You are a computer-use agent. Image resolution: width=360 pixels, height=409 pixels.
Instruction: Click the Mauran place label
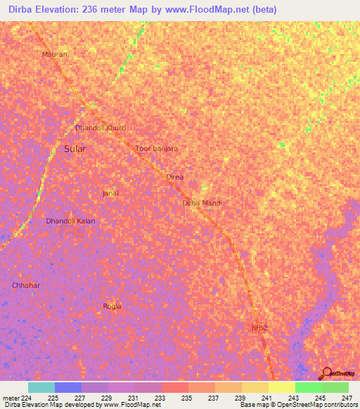click(54, 54)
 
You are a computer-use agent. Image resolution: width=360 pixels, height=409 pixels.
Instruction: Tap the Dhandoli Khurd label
click(101, 128)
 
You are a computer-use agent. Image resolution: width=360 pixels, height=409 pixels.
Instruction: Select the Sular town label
click(75, 149)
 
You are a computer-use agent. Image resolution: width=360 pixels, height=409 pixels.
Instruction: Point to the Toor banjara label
click(156, 149)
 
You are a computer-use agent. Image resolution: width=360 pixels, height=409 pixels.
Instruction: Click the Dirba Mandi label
click(202, 203)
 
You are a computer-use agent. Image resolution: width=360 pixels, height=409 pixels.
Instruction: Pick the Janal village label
click(110, 193)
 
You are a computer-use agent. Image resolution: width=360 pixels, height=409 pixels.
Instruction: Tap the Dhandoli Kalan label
click(70, 221)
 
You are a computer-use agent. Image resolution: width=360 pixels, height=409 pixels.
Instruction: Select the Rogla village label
click(112, 306)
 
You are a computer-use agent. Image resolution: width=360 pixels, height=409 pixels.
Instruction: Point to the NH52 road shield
click(259, 327)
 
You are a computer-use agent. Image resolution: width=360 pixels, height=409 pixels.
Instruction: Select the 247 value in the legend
click(347, 397)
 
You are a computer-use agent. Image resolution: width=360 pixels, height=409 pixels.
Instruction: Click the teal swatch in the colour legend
click(41, 387)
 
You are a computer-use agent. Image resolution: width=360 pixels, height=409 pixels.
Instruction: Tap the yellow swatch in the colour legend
click(281, 387)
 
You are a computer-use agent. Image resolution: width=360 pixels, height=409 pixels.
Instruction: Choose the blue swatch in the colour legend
click(67, 387)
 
